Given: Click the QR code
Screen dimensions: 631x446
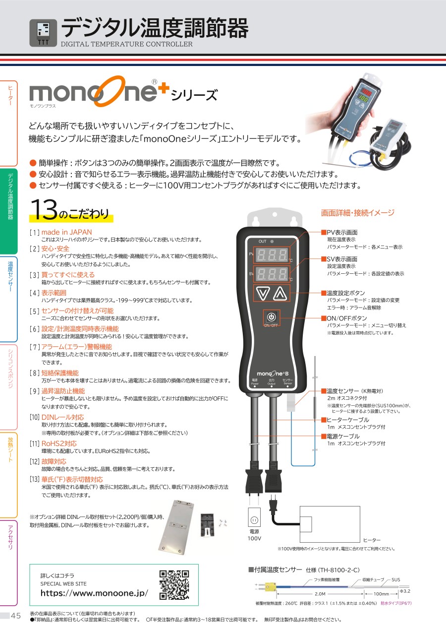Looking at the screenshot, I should click(x=174, y=585).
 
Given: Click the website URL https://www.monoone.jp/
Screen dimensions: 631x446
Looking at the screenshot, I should click(x=94, y=593).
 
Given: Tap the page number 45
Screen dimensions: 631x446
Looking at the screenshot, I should click(x=15, y=616).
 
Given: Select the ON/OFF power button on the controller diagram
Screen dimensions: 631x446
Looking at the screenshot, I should click(x=271, y=317).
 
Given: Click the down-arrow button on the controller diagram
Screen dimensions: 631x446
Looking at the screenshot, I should click(x=261, y=294).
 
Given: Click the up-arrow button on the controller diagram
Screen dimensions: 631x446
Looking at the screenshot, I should click(x=280, y=294).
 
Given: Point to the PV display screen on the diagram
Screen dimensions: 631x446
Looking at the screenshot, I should click(x=271, y=255).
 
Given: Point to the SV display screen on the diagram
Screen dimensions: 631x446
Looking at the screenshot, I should click(x=271, y=273).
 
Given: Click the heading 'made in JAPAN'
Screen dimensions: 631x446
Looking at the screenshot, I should click(x=66, y=232).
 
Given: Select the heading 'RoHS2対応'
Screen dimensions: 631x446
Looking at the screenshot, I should click(x=59, y=443).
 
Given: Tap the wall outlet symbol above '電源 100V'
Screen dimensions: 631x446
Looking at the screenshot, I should click(x=254, y=519).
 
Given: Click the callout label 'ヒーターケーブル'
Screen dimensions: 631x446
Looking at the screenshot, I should click(x=348, y=420).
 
